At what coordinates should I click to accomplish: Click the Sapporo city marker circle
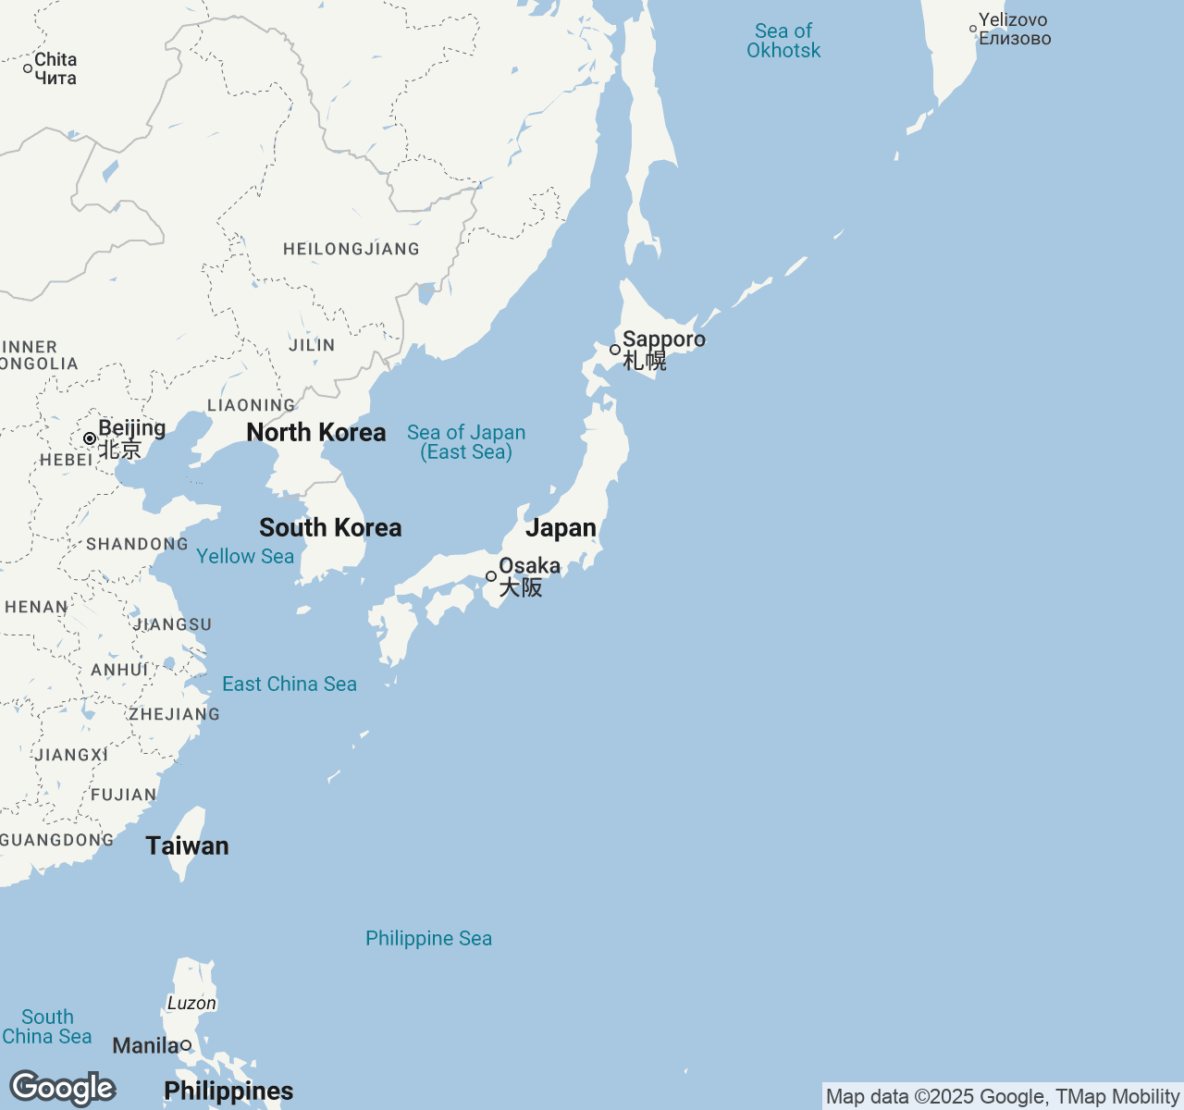pyautogui.click(x=615, y=350)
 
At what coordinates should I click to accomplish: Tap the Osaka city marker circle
pyautogui.click(x=491, y=576)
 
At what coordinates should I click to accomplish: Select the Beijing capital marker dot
pyautogui.click(x=90, y=438)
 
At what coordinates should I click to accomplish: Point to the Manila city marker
pyautogui.click(x=186, y=1045)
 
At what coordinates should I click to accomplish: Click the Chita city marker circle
pyautogui.click(x=28, y=68)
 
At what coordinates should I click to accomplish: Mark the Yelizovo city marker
pyautogui.click(x=973, y=29)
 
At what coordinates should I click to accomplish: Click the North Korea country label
pyautogui.click(x=316, y=432)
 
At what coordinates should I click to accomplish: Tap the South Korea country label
pyautogui.click(x=330, y=527)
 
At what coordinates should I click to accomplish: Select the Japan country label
pyautogui.click(x=561, y=527)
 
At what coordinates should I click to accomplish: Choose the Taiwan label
pyautogui.click(x=187, y=845)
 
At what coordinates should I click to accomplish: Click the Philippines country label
pyautogui.click(x=228, y=1091)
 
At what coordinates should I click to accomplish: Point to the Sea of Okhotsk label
pyautogui.click(x=783, y=41)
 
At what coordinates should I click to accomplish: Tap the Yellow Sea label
pyautogui.click(x=245, y=556)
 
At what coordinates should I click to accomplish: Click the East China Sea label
pyautogui.click(x=290, y=684)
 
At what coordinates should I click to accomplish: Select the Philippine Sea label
pyautogui.click(x=428, y=938)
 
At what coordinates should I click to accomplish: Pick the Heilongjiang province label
pyautogui.click(x=351, y=249)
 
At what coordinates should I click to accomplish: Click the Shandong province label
pyautogui.click(x=137, y=544)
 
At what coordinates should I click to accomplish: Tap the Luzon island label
pyautogui.click(x=191, y=1003)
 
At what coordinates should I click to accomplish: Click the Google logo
pyautogui.click(x=62, y=1089)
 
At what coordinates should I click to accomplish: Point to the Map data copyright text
pyautogui.click(x=1002, y=1097)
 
